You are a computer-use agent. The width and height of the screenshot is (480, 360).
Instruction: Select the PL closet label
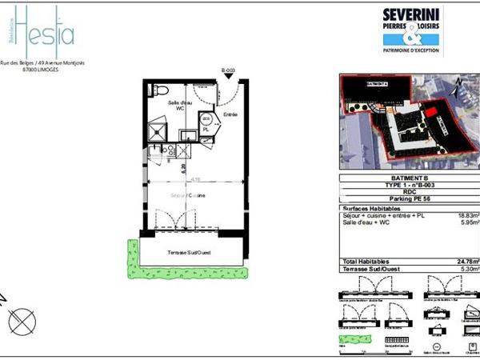(206, 129)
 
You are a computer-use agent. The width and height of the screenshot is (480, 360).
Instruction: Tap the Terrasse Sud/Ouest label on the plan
(190, 250)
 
